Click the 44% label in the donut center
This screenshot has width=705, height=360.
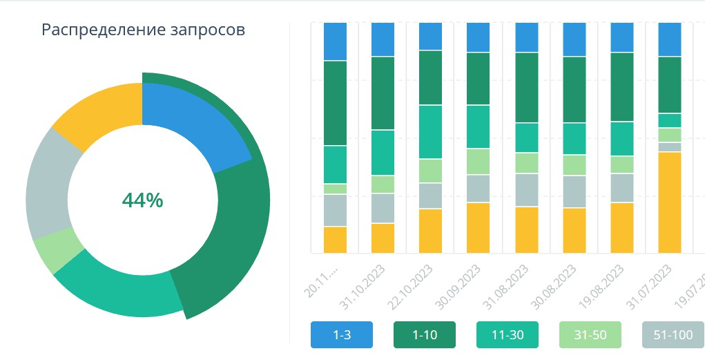coord(142,200)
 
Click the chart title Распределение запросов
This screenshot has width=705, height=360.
coord(143,30)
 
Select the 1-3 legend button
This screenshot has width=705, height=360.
coord(342,335)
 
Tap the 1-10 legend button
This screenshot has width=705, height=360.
coord(425,335)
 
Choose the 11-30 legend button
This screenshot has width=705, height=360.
coord(508,335)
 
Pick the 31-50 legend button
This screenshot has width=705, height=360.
coord(590,335)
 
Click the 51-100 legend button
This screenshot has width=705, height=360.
coord(673,335)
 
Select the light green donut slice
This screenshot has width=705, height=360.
coord(58,253)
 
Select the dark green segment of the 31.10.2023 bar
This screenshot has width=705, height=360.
coord(383,93)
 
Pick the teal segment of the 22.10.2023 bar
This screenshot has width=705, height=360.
coord(430,131)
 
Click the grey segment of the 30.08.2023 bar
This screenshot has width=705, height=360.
coord(574,191)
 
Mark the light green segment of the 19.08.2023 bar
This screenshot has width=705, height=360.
coord(621,164)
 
